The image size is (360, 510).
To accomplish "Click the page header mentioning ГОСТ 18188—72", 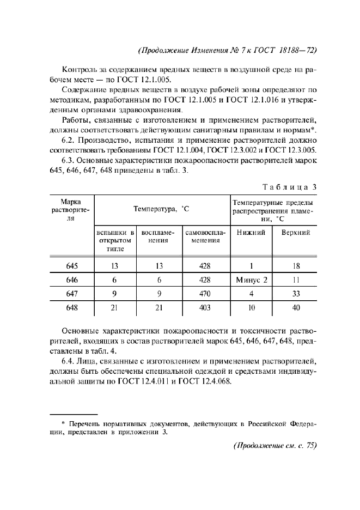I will [x=228, y=50].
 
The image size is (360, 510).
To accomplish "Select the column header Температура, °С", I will [x=162, y=209].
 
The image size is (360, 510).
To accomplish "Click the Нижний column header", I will [x=251, y=232].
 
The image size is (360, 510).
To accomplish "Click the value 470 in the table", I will [x=205, y=294].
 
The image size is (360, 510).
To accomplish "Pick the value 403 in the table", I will [x=205, y=307].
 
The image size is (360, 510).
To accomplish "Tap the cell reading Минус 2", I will [x=252, y=280].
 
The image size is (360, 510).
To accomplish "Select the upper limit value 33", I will [x=296, y=294].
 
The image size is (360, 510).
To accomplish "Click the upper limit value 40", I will [x=296, y=307].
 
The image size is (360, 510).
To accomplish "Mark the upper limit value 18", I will [x=296, y=266].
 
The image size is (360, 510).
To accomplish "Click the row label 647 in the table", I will [x=72, y=294].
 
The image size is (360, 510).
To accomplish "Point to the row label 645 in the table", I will [x=72, y=266].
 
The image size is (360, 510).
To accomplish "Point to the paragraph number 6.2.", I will [x=70, y=139].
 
